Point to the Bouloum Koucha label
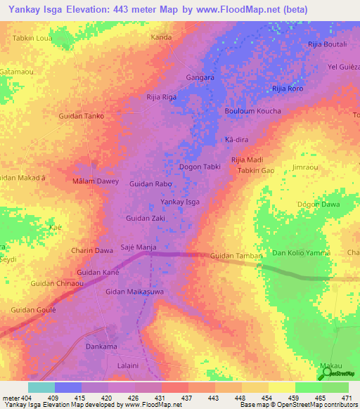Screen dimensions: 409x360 [252, 111]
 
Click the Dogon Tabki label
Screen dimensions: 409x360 [200, 167]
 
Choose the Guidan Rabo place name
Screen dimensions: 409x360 [150, 183]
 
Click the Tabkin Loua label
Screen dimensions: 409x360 [33, 39]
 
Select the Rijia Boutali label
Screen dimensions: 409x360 [328, 44]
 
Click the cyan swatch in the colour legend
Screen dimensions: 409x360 [41, 387]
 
